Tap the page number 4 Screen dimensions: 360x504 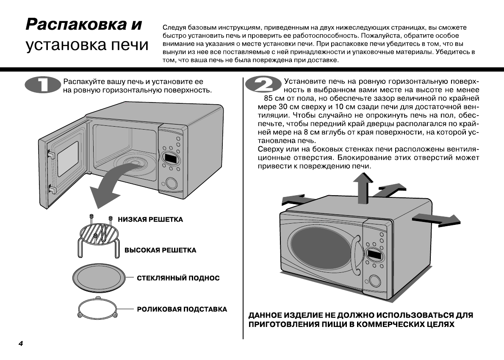pyautogui.click(x=20, y=343)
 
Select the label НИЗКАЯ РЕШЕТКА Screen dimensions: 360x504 pyautogui.click(x=150, y=219)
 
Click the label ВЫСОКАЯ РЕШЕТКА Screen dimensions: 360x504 pyautogui.click(x=160, y=250)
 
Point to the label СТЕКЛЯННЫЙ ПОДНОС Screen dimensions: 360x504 pyautogui.click(x=178, y=278)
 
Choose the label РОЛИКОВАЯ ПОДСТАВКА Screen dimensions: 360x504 pyautogui.click(x=182, y=309)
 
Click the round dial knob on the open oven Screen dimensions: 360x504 pyautogui.click(x=172, y=183)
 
